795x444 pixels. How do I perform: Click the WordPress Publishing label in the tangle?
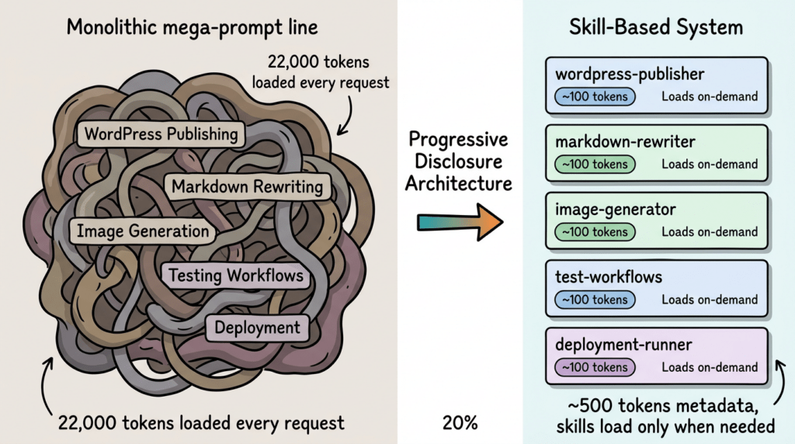pyautogui.click(x=161, y=134)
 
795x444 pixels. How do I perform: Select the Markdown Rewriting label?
pyautogui.click(x=248, y=187)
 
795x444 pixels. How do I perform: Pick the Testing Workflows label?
pyautogui.click(x=236, y=276)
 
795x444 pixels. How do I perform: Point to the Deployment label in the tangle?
pyautogui.click(x=257, y=327)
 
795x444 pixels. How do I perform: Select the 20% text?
pyautogui.click(x=460, y=423)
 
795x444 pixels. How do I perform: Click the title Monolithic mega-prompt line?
pyautogui.click(x=193, y=28)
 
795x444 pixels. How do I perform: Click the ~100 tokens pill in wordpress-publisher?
pyautogui.click(x=595, y=97)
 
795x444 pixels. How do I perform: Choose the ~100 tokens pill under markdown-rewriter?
pyautogui.click(x=595, y=165)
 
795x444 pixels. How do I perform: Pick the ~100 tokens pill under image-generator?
pyautogui.click(x=595, y=231)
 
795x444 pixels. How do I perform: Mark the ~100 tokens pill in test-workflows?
pyautogui.click(x=595, y=300)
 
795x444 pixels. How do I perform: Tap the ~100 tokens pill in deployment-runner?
pyautogui.click(x=595, y=367)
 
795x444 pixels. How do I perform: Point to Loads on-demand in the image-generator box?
pyautogui.click(x=710, y=231)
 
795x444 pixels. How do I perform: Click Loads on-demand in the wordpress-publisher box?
pyautogui.click(x=710, y=97)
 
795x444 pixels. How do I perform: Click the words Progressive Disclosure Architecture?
pyautogui.click(x=460, y=161)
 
